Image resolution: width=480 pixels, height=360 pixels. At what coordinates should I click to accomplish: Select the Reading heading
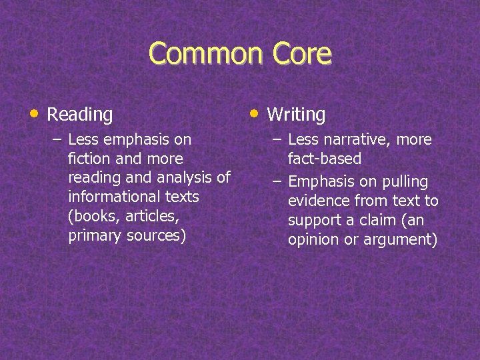point(80,115)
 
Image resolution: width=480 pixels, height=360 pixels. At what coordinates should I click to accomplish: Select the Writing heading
point(296,115)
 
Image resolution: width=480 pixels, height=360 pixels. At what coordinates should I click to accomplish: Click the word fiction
point(87,159)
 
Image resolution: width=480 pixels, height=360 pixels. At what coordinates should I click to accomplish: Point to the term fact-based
point(325,159)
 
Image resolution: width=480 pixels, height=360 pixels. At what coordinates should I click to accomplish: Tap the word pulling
point(405,182)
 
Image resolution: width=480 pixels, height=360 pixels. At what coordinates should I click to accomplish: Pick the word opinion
point(314,240)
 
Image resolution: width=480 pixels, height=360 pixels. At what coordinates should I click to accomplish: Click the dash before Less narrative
point(277,140)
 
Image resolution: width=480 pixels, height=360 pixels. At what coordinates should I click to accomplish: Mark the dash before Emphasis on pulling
point(277,182)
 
